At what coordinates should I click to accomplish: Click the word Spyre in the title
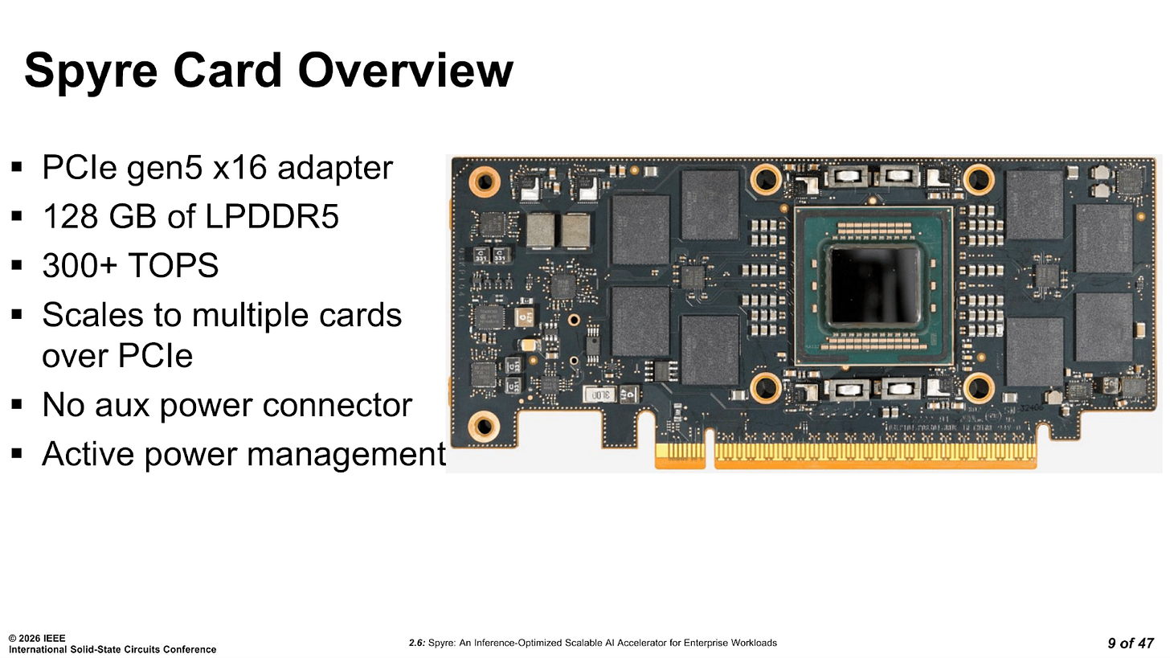click(91, 72)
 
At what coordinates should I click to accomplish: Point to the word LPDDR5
click(272, 216)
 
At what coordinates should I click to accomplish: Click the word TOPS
click(173, 265)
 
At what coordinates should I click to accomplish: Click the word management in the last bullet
click(347, 455)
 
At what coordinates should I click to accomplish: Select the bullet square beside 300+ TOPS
click(17, 265)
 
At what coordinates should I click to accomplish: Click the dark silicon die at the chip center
click(875, 286)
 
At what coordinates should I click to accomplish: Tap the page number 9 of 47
click(1131, 643)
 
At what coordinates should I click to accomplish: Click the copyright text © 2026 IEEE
click(37, 638)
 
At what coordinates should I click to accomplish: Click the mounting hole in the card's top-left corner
click(485, 182)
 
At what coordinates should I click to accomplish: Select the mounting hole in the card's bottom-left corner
click(485, 426)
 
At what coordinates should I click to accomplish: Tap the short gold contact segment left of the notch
click(680, 456)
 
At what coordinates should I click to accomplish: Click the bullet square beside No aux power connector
click(17, 405)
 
